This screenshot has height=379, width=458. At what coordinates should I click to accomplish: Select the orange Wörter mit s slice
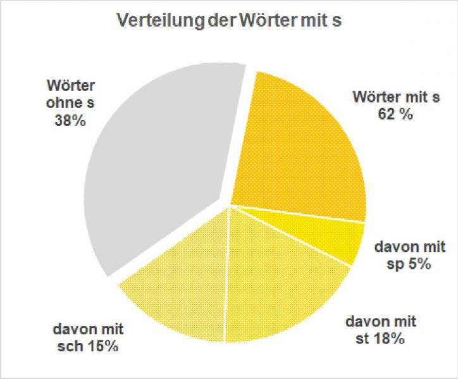pos(304,146)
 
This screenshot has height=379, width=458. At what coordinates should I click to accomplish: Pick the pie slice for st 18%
pos(278,278)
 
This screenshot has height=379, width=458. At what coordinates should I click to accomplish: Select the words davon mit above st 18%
pos(381,321)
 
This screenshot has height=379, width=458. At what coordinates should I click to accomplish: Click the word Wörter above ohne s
pos(70,85)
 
